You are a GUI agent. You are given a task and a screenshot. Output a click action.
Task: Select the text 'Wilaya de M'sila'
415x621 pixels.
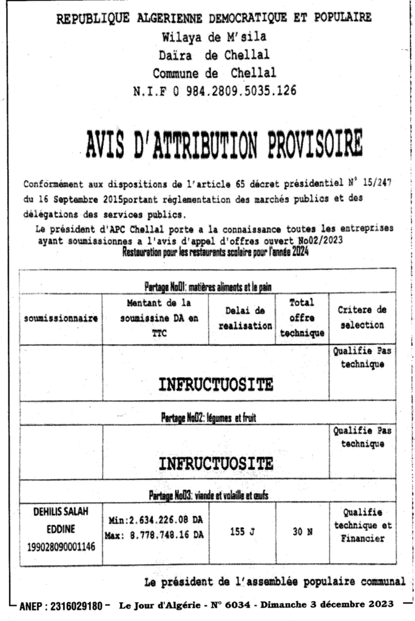pos(214,36)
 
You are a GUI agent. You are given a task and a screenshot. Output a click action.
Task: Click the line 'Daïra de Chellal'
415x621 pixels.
pos(214,55)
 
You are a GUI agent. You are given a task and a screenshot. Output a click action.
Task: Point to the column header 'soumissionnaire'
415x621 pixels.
pos(61,319)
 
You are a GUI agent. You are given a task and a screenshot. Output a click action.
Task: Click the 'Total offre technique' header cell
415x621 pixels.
pos(302,318)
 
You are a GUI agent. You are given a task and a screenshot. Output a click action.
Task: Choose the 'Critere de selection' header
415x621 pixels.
pos(362,318)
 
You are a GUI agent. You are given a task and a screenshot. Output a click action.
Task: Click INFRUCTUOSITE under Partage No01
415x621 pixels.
pos(215,384)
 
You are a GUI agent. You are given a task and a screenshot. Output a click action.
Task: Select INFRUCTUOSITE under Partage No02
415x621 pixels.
pos(215,464)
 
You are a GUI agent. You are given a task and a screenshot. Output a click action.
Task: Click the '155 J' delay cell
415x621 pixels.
pos(243,532)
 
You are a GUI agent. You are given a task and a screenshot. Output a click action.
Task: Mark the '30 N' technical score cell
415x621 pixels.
pos(302,532)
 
